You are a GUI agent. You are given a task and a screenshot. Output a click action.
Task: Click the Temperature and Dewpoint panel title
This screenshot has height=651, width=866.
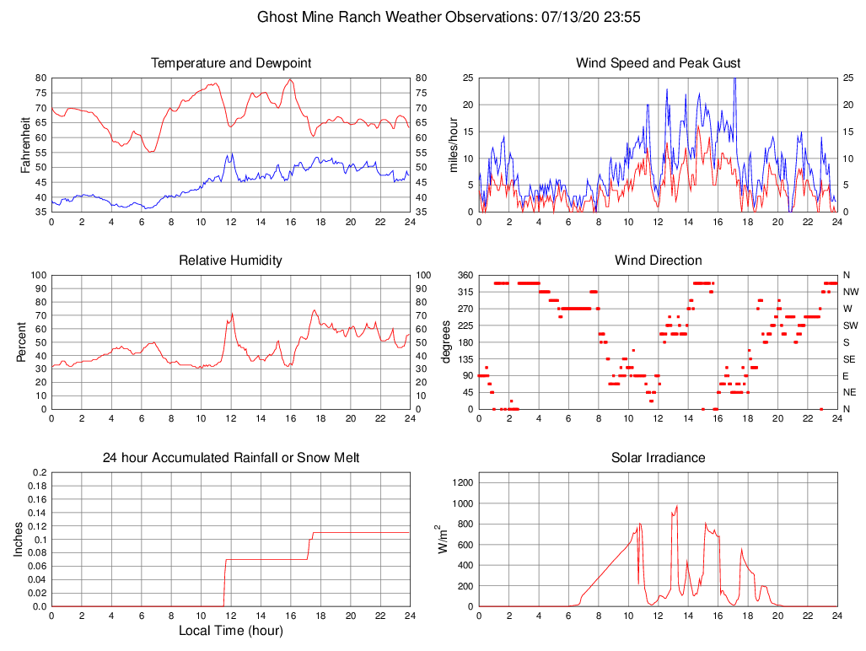point(231,63)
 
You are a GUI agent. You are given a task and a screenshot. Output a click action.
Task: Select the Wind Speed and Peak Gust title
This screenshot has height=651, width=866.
point(658,63)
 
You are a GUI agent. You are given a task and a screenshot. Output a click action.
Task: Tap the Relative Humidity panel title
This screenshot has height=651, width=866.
point(230,261)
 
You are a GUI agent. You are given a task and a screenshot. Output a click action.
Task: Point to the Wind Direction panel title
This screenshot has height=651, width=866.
point(658,261)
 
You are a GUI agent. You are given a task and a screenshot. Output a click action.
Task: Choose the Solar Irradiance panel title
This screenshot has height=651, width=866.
point(658,458)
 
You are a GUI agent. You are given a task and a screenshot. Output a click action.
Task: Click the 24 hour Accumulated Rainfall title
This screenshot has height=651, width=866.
point(231,458)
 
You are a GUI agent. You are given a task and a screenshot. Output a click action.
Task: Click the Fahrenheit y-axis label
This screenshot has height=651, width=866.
point(26,144)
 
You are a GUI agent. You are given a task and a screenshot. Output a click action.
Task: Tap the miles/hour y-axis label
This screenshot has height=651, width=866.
point(453,144)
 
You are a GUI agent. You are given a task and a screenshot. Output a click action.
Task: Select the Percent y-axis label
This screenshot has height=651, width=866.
point(22,342)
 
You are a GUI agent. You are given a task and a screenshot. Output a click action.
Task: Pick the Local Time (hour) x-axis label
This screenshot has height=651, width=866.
point(230,631)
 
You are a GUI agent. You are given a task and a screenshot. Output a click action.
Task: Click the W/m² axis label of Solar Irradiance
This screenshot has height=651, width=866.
point(442,539)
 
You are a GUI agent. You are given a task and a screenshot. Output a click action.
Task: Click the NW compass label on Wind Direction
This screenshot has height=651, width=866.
point(851,292)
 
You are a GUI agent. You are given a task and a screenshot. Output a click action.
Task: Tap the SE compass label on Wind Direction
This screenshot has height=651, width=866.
point(849,359)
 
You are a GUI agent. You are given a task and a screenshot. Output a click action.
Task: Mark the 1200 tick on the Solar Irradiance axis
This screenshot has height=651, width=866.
point(460,483)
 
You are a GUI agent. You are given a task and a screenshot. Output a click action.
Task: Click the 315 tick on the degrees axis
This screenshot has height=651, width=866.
point(463,292)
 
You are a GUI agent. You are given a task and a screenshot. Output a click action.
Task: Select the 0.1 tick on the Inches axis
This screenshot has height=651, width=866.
point(40,540)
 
